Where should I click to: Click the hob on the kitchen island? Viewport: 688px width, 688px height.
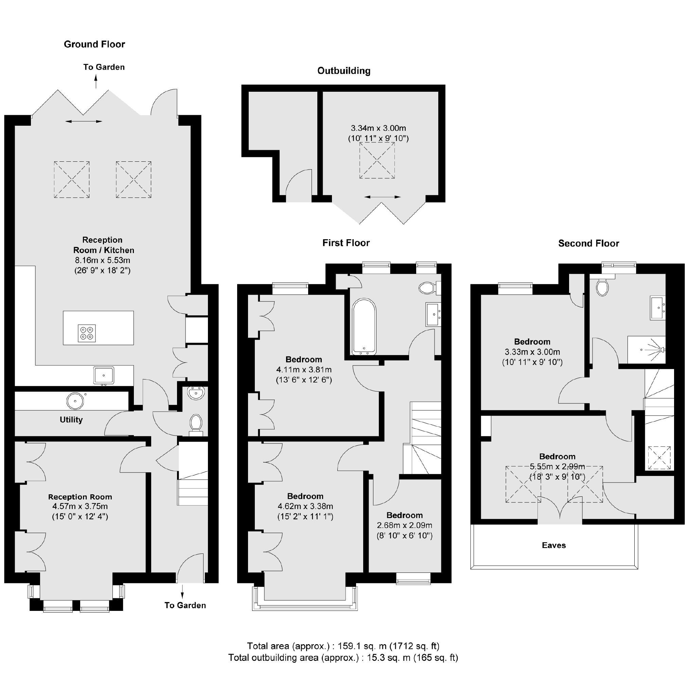pos(87,333)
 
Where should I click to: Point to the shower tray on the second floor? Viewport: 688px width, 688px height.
pos(646,350)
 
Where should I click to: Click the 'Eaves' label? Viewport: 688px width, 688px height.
pos(554,545)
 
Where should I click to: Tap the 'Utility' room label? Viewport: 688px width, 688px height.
pos(71,420)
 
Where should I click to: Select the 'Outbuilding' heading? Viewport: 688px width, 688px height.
pos(344,71)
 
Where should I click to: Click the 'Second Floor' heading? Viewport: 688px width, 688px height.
pos(589,243)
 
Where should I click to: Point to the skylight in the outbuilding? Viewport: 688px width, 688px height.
pos(377,160)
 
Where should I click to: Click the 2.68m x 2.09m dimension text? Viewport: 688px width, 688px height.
pos(405,525)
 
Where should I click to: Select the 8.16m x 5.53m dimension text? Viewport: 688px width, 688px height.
pos(102,260)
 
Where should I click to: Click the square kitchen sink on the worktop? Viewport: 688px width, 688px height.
pos(104,376)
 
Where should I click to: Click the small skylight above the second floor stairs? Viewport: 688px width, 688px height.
pos(659,458)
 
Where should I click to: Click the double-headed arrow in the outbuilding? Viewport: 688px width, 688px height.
pos(383,197)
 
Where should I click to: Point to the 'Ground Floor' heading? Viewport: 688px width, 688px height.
pos(94,44)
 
